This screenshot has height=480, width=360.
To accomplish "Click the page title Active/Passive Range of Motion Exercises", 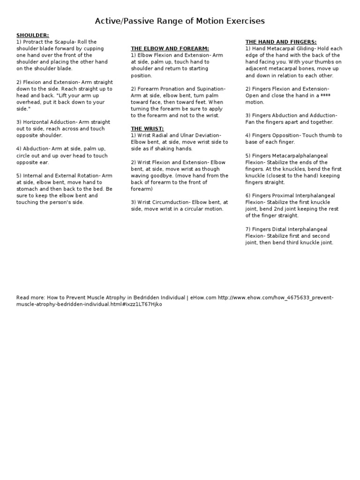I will click(x=180, y=21).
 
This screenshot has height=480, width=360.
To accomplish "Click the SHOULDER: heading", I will click(x=32, y=35).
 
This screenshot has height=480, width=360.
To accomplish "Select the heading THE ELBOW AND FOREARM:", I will click(x=170, y=48).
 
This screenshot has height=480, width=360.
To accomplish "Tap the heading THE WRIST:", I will click(x=147, y=128).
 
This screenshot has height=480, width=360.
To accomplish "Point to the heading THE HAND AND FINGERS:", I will click(x=281, y=42).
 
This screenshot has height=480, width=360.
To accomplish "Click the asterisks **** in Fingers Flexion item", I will click(x=326, y=95).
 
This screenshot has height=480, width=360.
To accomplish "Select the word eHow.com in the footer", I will click(x=203, y=298).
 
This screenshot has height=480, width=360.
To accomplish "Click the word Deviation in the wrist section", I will click(x=205, y=135).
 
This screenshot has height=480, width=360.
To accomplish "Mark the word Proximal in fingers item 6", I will click(x=285, y=195).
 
